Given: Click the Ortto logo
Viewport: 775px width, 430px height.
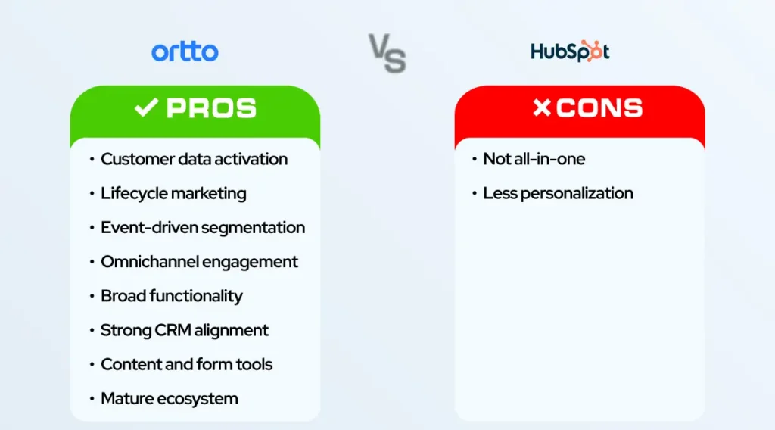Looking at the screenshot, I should [x=185, y=51].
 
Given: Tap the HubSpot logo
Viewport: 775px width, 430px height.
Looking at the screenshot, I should [x=570, y=51].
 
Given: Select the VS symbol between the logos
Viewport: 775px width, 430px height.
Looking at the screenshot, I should [x=387, y=52].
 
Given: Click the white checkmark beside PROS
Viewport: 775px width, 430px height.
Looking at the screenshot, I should [x=145, y=108].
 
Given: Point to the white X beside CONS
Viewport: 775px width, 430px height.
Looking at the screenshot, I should [x=542, y=108].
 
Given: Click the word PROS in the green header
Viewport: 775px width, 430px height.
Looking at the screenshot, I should [x=211, y=108].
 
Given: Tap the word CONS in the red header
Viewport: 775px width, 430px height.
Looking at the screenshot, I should [x=599, y=108].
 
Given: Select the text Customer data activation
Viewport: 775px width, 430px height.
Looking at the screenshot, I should [x=194, y=159].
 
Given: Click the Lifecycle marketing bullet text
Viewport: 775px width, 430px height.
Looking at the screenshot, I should [x=173, y=193].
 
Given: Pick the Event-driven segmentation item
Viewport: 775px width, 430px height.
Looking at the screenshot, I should [x=203, y=227].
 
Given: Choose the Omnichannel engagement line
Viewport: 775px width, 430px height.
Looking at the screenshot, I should [x=199, y=262].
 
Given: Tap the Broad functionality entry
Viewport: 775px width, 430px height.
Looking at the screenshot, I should [x=171, y=296].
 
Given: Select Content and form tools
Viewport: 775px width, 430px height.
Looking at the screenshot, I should [x=186, y=364].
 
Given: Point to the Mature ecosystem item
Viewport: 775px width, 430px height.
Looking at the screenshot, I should [x=169, y=398].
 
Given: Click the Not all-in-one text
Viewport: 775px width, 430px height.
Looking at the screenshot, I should [x=534, y=159].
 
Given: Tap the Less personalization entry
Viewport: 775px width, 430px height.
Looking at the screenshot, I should [x=558, y=193].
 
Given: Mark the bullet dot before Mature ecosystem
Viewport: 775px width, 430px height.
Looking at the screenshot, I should [x=92, y=399].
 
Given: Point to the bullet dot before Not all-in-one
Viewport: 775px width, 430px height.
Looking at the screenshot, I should [x=475, y=160].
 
